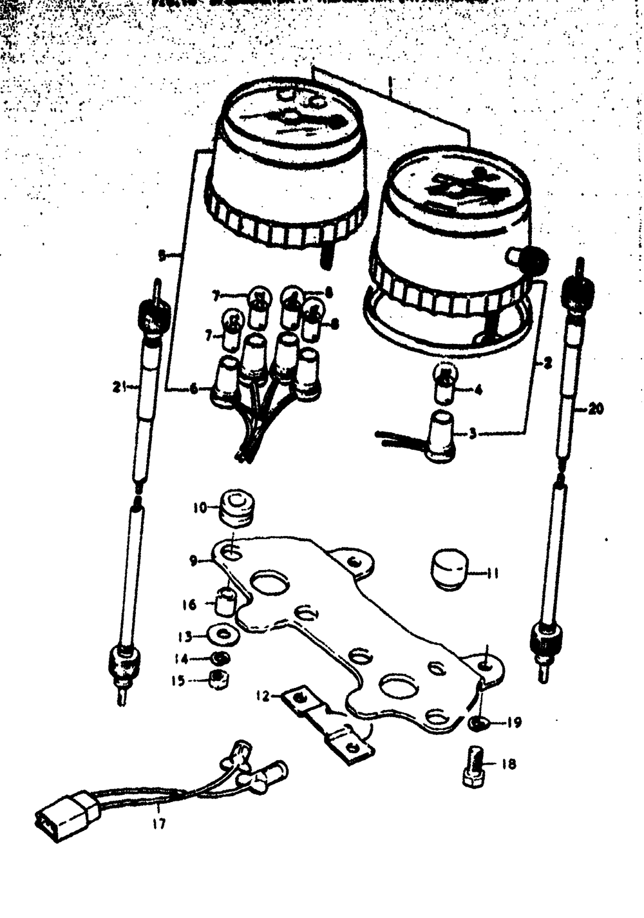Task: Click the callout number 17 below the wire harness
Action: pos(158,824)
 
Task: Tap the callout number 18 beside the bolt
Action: pos(508,765)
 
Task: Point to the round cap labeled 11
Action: pos(448,568)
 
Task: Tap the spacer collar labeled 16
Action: pos(227,602)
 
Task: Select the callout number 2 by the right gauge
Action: pos(547,364)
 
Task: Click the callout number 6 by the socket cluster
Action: pos(194,389)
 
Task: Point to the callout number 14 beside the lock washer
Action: pos(181,659)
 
